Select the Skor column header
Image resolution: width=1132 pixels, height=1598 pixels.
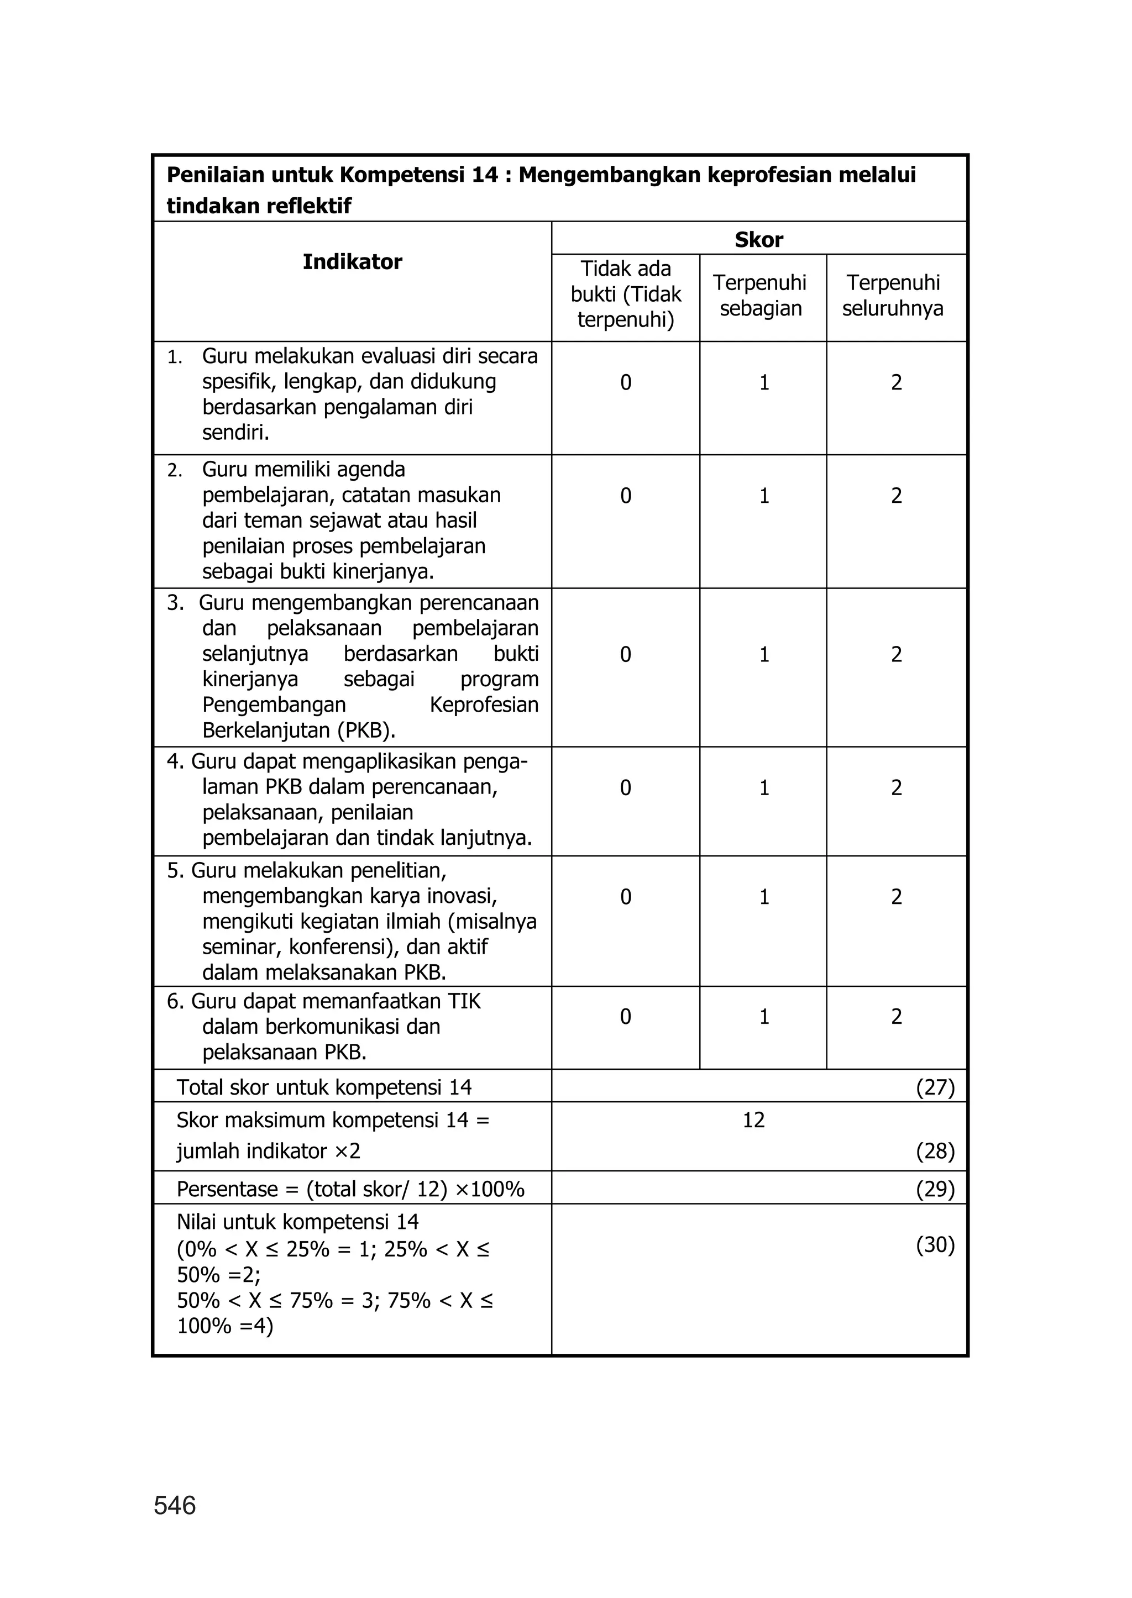click(x=758, y=240)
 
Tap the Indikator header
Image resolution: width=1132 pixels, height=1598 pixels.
click(x=352, y=262)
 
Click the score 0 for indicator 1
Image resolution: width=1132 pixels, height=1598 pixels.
click(x=625, y=382)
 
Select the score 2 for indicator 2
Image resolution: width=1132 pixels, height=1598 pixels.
click(x=897, y=496)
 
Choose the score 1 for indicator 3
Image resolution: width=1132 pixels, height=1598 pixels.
click(x=764, y=654)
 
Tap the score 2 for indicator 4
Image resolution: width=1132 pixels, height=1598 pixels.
click(x=897, y=788)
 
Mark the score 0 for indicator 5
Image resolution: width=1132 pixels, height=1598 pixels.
click(x=625, y=897)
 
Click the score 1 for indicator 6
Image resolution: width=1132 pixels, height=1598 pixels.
click(x=764, y=1017)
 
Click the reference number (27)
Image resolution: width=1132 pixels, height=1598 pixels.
click(x=935, y=1087)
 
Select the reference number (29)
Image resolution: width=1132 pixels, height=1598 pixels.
click(x=935, y=1189)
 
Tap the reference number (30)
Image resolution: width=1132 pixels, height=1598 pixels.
click(x=935, y=1245)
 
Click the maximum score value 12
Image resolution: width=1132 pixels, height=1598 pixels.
click(x=753, y=1120)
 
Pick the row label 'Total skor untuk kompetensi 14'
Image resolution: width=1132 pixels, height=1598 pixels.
click(x=324, y=1087)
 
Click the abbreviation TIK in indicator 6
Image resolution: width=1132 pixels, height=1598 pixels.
click(x=464, y=1001)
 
